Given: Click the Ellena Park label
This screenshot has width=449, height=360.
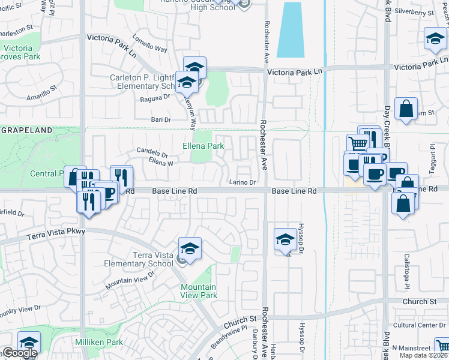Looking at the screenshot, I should [x=203, y=146].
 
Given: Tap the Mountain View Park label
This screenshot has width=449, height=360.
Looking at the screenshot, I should [x=199, y=291].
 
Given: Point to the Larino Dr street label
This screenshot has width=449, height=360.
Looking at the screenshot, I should [x=243, y=182].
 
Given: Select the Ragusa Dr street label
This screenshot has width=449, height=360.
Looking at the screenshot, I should [x=155, y=98].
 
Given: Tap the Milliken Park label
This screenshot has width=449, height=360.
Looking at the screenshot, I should [x=99, y=342].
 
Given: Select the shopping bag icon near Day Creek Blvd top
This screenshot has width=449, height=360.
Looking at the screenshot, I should [x=406, y=109].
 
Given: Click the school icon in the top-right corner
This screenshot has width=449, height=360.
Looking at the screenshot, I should [x=435, y=39].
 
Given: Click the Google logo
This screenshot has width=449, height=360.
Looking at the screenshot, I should [x=20, y=353].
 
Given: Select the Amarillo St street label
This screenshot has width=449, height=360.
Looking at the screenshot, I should [x=41, y=93].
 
